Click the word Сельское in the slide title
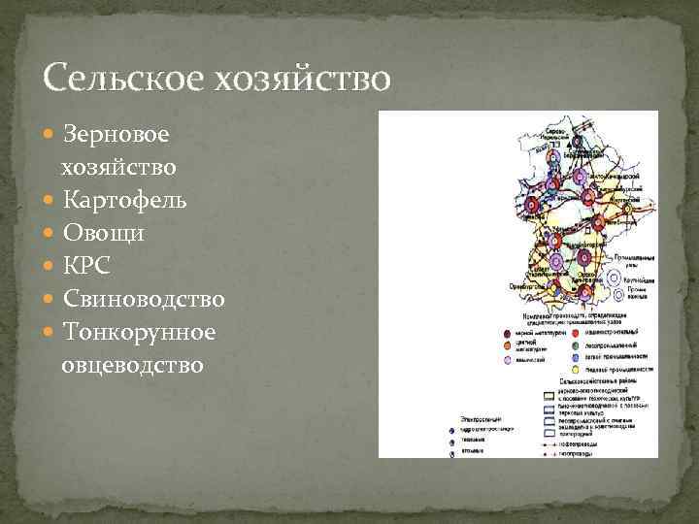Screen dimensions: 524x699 pyautogui.click(x=106, y=77)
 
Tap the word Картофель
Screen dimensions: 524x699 pyautogui.click(x=125, y=201)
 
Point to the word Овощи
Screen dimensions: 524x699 pyautogui.click(x=104, y=234)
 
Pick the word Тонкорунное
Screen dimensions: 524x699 pyautogui.click(x=139, y=333)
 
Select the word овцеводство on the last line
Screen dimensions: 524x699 pyautogui.click(x=132, y=366)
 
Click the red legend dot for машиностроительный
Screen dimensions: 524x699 pyautogui.click(x=576, y=332)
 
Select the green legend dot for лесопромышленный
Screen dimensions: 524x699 pyautogui.click(x=576, y=344)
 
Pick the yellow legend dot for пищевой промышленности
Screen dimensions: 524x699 pyautogui.click(x=576, y=370)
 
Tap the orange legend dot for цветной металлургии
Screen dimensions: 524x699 pyautogui.click(x=508, y=345)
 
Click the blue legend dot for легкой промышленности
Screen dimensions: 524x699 pyautogui.click(x=576, y=357)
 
